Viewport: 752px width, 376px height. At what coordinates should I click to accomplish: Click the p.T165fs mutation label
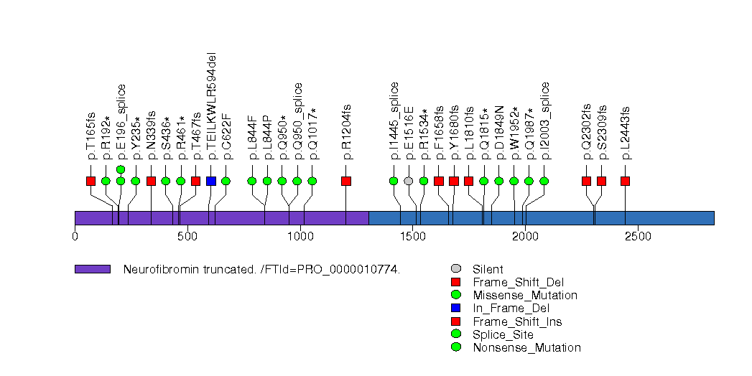91,136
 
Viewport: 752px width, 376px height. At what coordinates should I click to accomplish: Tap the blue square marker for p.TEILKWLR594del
211,181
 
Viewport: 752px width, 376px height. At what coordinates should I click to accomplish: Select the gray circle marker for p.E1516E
409,181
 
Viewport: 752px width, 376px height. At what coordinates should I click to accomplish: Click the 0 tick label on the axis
75,236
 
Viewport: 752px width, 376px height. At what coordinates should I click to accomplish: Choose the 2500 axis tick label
638,236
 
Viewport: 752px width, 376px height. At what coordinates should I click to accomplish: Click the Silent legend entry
488,269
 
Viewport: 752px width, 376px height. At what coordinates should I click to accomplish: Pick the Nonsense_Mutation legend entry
526,348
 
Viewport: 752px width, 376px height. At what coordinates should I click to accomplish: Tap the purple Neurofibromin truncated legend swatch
93,269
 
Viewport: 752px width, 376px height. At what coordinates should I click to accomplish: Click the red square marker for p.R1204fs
346,181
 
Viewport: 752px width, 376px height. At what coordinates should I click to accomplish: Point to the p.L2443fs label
626,132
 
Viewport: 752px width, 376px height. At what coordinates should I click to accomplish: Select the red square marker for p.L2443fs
626,181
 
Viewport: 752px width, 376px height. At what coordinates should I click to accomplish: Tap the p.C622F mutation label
226,136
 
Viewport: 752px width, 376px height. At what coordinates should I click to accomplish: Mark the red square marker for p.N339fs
151,181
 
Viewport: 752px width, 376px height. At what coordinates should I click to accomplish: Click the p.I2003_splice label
545,121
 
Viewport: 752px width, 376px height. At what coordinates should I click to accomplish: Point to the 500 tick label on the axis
187,236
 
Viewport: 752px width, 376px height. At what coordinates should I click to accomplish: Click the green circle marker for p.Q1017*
312,181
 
